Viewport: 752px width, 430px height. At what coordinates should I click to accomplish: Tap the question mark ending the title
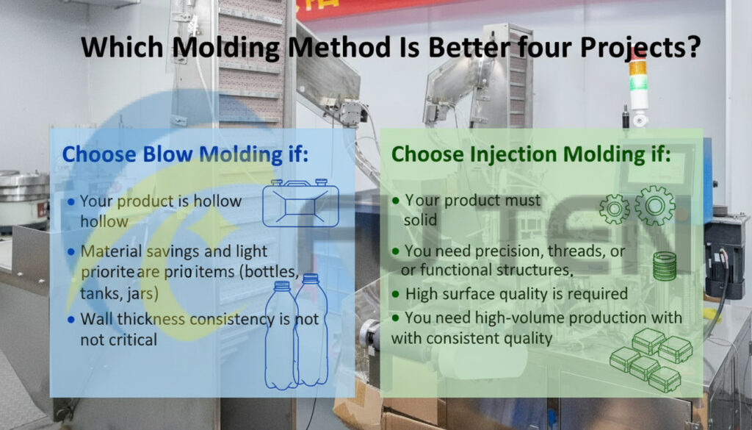point(692,48)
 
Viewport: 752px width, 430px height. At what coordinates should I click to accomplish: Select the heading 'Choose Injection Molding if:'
point(531,155)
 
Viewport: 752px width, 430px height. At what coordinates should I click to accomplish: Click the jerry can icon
point(300,204)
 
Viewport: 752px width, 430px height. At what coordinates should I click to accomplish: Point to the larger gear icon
point(654,205)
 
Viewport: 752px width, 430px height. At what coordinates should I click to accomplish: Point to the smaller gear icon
point(615,209)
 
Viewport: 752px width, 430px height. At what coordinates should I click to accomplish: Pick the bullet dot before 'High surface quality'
point(397,294)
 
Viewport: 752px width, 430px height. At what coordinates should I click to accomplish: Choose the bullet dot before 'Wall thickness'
point(70,320)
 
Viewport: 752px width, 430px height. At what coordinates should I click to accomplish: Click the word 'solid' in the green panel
point(420,220)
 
